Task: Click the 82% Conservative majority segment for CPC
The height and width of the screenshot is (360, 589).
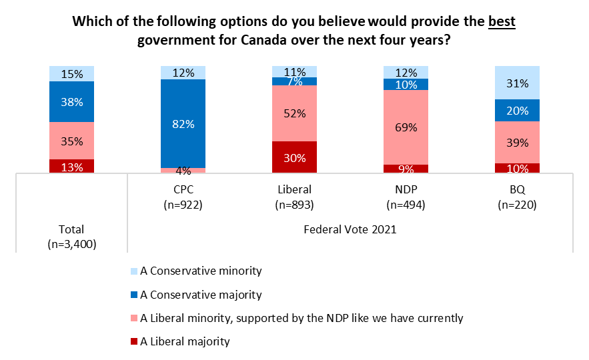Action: point(183,123)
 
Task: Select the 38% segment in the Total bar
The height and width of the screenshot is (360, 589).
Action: point(71,102)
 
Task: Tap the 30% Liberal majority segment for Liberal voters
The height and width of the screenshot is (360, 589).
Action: point(294,157)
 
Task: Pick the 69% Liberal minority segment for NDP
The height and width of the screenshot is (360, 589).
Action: point(406,127)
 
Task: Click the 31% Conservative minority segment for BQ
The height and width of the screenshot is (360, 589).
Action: point(517,83)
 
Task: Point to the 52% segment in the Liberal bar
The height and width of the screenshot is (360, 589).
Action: point(294,113)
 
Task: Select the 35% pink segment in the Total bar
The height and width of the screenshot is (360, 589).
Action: point(71,141)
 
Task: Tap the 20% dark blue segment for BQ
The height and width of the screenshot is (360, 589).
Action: point(517,111)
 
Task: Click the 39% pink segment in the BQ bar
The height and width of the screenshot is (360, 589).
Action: point(517,142)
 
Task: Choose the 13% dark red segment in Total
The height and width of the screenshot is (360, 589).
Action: point(71,167)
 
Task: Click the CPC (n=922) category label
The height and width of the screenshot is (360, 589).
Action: point(183,197)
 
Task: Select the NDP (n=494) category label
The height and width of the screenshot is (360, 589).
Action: point(406,197)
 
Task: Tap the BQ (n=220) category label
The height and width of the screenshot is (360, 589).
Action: point(517,197)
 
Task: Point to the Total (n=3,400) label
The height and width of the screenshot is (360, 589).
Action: point(71,237)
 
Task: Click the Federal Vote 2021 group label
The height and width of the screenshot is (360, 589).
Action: point(350,230)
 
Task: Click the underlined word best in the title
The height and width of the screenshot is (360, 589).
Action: point(502,21)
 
